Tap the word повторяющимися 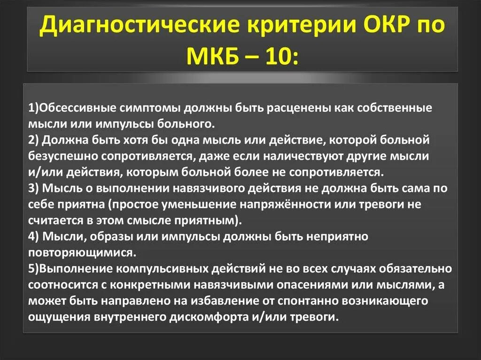[x=82, y=253]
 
